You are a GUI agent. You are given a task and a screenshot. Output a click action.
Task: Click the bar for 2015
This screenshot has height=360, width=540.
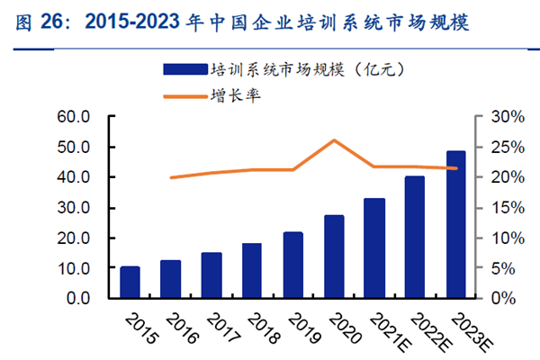[130, 283]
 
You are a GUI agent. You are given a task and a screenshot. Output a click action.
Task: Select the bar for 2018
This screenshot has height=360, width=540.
[252, 271]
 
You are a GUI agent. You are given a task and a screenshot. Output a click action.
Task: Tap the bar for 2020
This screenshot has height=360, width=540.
[334, 256]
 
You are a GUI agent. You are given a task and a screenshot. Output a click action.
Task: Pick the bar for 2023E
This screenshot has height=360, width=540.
[456, 225]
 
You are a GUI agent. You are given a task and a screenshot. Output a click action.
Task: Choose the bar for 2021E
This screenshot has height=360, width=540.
[374, 248]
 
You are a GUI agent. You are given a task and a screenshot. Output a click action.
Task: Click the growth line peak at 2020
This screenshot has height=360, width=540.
[334, 140]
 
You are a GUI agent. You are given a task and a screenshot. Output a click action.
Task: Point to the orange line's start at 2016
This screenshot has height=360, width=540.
[171, 177]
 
